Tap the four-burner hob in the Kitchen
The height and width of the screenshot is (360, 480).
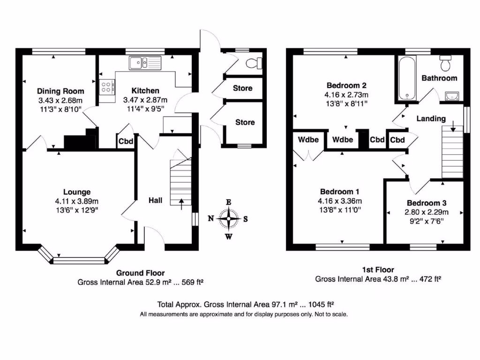click(x=107, y=87)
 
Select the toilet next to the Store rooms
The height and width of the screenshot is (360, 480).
click(x=255, y=63)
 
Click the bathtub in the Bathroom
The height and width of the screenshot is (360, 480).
click(x=407, y=78)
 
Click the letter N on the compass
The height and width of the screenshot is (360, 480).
click(x=211, y=218)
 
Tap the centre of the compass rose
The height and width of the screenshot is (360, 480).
click(x=229, y=218)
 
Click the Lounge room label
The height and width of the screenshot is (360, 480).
click(x=77, y=192)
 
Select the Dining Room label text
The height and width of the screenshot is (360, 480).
click(x=60, y=91)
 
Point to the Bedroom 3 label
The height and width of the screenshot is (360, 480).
click(x=426, y=203)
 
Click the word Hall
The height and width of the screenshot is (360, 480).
click(x=155, y=201)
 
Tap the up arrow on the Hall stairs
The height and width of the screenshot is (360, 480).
click(x=181, y=202)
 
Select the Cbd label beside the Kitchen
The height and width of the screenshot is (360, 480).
click(x=125, y=141)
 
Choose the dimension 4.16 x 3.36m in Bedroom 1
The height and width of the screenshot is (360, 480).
click(x=339, y=201)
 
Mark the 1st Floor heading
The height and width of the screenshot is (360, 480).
click(x=378, y=270)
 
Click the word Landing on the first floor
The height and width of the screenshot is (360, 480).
click(x=431, y=119)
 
